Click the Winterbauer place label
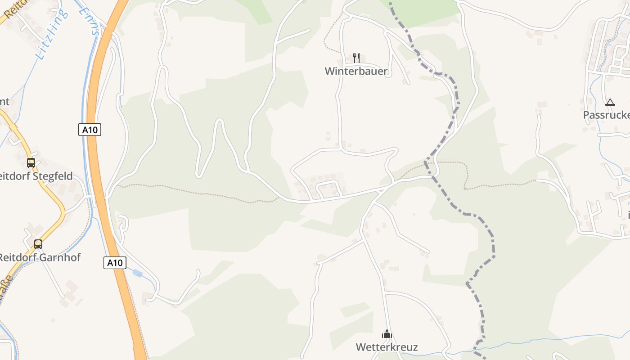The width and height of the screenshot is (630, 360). (x=356, y=71)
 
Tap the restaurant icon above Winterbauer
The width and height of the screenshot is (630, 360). (x=356, y=58)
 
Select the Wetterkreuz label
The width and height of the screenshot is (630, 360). (x=387, y=347)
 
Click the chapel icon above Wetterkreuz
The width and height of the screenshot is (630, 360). (x=387, y=334)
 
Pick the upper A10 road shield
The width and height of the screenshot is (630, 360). (x=90, y=130)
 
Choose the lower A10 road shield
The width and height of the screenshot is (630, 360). (x=115, y=263)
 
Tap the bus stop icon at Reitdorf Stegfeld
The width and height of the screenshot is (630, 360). (x=31, y=162)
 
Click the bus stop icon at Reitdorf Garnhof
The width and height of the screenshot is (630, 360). (x=38, y=244)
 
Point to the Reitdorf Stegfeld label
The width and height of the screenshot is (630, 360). (x=36, y=176)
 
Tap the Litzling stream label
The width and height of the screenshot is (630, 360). (x=52, y=34)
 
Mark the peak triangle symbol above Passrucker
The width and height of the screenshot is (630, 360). (x=610, y=103)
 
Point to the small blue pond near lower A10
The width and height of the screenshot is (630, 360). (x=137, y=273)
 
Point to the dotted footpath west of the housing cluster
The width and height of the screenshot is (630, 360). (x=202, y=193)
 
